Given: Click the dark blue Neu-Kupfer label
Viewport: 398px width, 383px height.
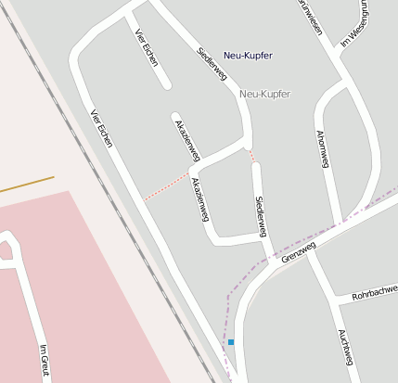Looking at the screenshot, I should [248, 56].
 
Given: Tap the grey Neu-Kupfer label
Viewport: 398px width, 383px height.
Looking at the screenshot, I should [264, 95].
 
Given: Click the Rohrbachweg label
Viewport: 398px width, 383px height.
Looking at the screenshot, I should [373, 294].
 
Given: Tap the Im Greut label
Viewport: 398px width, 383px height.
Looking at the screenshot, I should [43, 360].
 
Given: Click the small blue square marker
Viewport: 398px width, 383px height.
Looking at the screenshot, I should [231, 342].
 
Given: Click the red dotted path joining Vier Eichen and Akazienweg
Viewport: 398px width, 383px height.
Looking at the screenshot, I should [167, 185].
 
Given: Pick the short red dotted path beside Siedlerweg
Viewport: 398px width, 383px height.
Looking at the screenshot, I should [251, 155].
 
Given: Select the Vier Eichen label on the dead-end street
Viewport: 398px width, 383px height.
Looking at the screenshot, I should [147, 48].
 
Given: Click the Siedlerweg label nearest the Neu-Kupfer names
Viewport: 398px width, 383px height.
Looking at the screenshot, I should [212, 64].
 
